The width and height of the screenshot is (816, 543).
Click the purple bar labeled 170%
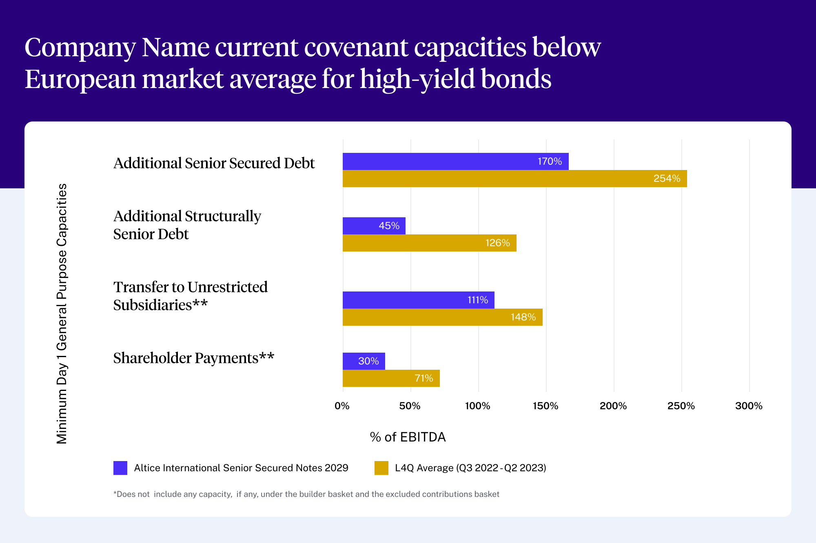[455, 161]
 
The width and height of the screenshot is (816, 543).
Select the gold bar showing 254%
[514, 179]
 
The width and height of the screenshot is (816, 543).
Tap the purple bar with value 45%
[374, 226]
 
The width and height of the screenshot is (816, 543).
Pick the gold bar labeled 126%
[429, 243]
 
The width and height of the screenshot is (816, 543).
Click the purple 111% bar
[418, 300]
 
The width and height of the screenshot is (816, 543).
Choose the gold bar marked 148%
[442, 317]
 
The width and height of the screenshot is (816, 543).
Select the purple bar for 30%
[364, 361]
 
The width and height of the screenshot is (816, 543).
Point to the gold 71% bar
[391, 378]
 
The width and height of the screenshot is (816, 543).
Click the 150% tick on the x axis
[545, 406]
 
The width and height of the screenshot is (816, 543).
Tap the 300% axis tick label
[749, 406]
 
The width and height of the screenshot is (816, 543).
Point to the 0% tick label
[342, 406]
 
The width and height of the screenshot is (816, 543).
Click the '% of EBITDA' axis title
[408, 437]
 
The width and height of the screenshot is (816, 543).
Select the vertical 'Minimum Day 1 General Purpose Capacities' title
[62, 314]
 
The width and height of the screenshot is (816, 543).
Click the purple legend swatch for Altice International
[120, 468]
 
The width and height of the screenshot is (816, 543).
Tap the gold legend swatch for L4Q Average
[381, 468]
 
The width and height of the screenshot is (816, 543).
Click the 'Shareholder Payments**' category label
[193, 358]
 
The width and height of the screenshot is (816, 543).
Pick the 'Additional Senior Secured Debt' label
[214, 163]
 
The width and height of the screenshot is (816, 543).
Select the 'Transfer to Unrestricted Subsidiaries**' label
[190, 296]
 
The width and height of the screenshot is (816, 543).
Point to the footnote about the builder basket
[306, 494]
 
